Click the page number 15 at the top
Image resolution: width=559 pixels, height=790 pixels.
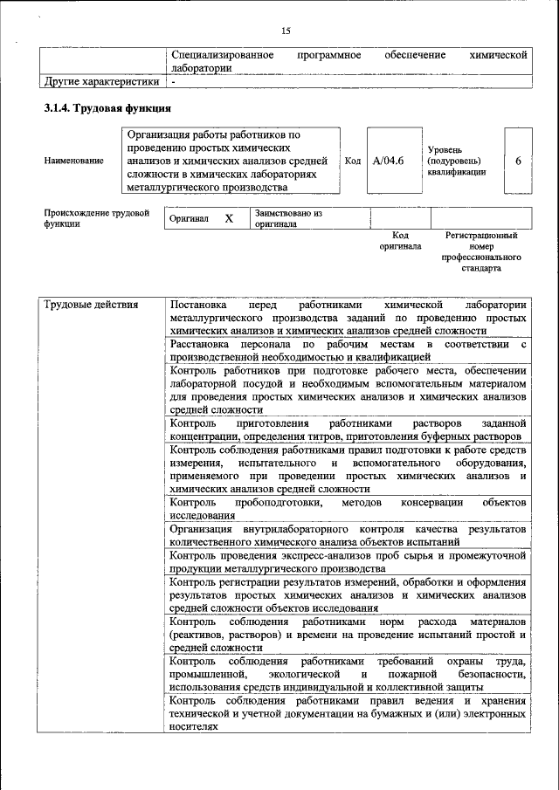(286, 31)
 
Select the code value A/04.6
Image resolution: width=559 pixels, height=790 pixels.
(388, 161)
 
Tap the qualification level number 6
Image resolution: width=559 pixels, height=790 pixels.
(519, 161)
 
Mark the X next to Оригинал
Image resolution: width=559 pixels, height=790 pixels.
(229, 219)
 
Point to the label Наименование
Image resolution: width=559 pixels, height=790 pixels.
(73, 161)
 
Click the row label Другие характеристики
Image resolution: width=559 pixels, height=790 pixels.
(101, 82)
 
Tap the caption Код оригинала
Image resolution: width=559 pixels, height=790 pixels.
(400, 241)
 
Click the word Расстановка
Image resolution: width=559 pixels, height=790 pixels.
(204, 345)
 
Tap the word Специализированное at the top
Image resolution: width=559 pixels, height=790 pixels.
(223, 55)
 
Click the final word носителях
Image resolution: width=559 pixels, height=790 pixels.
(193, 726)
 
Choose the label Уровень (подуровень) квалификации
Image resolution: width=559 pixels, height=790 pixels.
(456, 161)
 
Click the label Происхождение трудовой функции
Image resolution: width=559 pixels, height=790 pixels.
(96, 218)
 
